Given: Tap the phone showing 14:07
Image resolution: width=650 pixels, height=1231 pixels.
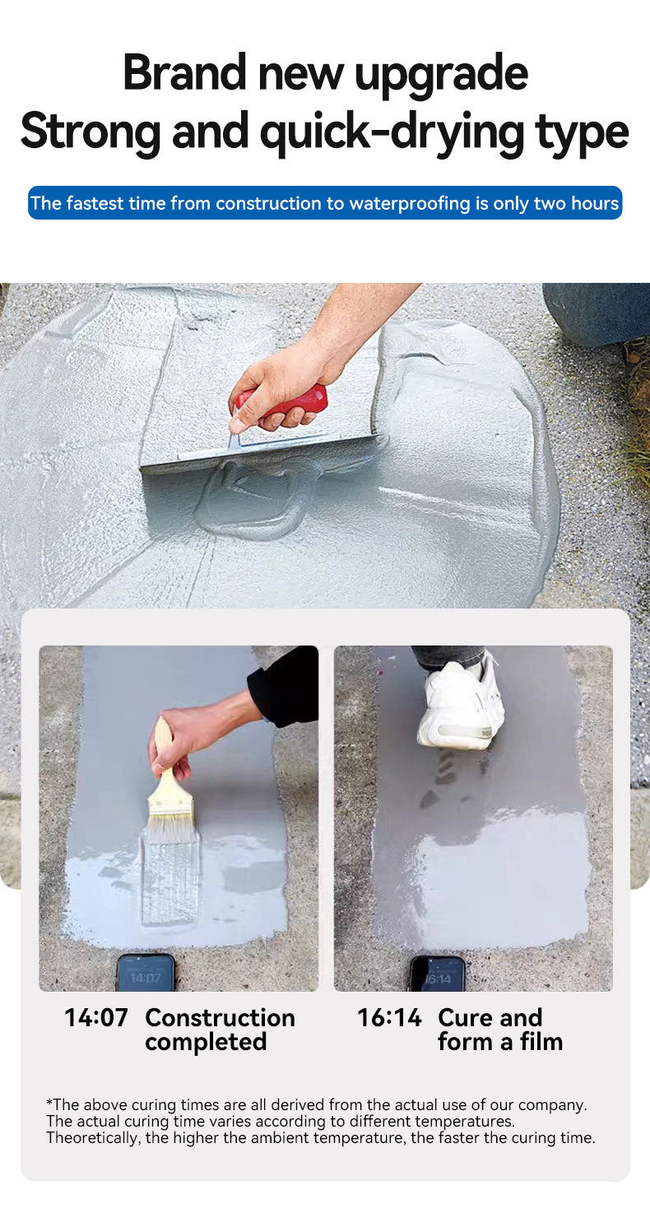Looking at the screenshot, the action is pyautogui.click(x=145, y=973).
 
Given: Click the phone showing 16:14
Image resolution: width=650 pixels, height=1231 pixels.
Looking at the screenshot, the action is pyautogui.click(x=437, y=974).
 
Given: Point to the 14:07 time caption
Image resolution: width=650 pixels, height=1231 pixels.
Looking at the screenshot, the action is pyautogui.click(x=96, y=1017).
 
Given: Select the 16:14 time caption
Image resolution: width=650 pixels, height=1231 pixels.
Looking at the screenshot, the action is pyautogui.click(x=389, y=1017).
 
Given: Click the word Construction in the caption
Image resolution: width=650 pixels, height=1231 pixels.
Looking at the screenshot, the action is pyautogui.click(x=220, y=1017).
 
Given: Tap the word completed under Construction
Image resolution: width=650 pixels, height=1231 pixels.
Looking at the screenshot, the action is pyautogui.click(x=206, y=1042).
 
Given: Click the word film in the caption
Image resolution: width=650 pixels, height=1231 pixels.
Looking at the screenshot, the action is pyautogui.click(x=540, y=1041).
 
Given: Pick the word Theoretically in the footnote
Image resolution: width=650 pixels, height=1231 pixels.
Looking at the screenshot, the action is pyautogui.click(x=93, y=1137).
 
